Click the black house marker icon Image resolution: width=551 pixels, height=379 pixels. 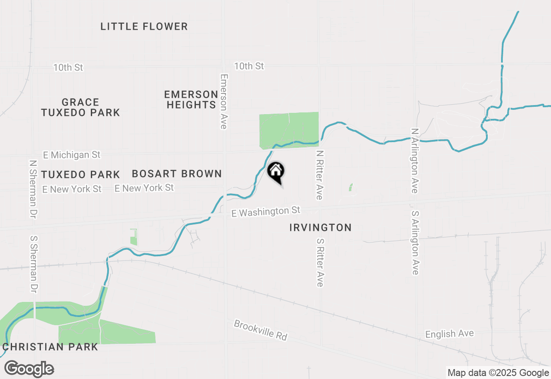click(x=276, y=171)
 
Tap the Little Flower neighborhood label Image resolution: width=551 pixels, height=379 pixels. click(x=144, y=27)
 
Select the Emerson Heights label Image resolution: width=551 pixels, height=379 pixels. click(x=192, y=99)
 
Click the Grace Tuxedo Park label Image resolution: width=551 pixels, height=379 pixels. click(x=80, y=107)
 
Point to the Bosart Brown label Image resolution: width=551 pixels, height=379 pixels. click(x=177, y=174)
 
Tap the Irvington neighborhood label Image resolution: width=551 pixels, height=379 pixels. click(x=320, y=227)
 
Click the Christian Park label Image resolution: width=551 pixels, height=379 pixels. click(x=50, y=347)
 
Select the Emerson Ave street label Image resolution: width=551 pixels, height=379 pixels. click(x=223, y=101)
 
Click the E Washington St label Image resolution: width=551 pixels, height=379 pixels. click(x=266, y=211)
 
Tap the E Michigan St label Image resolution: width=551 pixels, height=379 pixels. click(x=72, y=155)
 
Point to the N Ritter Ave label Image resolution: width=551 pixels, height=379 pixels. click(x=319, y=175)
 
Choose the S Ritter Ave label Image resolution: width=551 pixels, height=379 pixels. click(x=319, y=262)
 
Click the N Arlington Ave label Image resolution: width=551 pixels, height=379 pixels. click(x=415, y=160)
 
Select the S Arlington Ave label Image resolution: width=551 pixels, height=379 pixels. click(x=415, y=242)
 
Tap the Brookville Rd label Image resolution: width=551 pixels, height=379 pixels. click(x=260, y=330)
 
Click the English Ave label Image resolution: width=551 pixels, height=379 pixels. click(x=449, y=334)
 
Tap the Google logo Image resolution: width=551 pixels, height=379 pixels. click(x=29, y=369)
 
